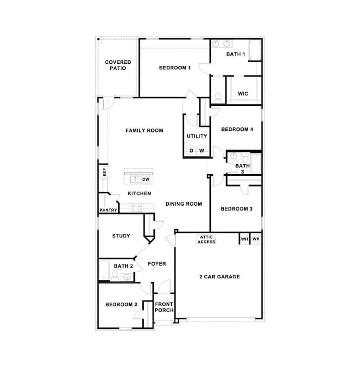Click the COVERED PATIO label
[x=117, y=65]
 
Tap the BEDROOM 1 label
[x=174, y=68]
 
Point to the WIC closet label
[x=243, y=94]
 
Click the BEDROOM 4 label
[x=237, y=130]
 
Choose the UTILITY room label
[x=197, y=136]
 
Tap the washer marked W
[x=202, y=151]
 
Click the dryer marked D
[x=191, y=151]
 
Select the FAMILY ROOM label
[x=144, y=131]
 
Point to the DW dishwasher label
[x=146, y=179]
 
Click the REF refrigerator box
[x=104, y=172]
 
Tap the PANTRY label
[x=108, y=211]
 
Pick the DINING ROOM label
[x=184, y=204]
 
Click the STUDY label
[x=121, y=236]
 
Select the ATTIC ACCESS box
[x=207, y=239]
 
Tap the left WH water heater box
[x=244, y=239]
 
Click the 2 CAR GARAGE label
[x=219, y=276]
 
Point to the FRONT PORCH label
[x=164, y=307]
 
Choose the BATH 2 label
[x=123, y=266]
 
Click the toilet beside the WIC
[x=218, y=98]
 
